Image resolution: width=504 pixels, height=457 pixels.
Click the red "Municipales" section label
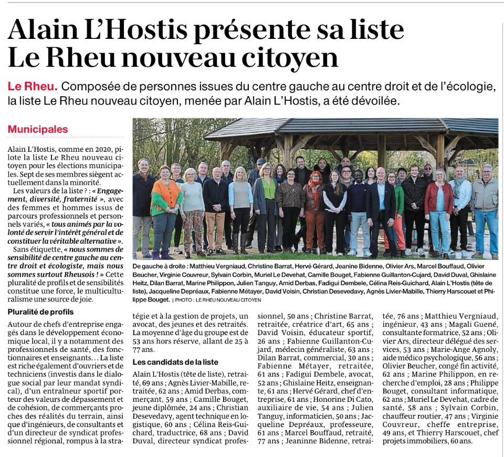click(x=37, y=129)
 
